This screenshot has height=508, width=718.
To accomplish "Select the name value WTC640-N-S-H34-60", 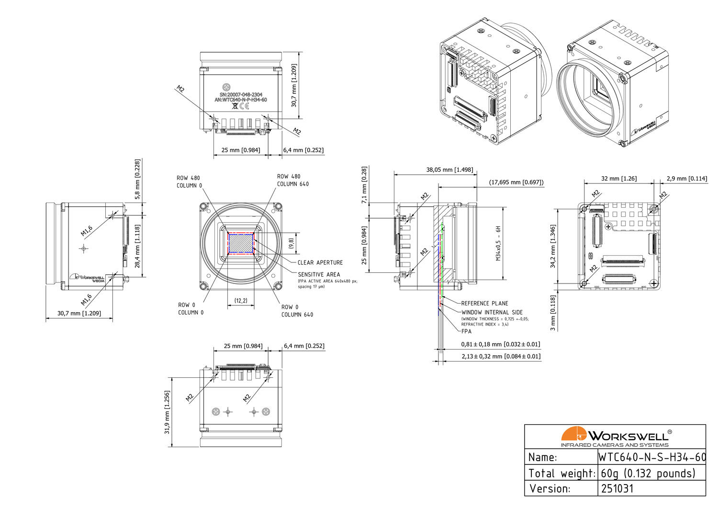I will tap(652, 457).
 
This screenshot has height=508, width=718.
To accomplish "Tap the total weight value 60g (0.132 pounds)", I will tap(648, 474).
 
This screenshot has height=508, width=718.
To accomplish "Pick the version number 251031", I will tap(617, 489).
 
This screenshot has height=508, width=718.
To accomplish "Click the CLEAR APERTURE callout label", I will tap(320, 262).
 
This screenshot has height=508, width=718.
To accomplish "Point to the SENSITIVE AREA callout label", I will tap(319, 274).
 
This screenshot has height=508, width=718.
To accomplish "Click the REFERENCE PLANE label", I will tap(484, 303).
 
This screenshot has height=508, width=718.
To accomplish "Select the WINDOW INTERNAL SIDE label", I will tap(492, 312).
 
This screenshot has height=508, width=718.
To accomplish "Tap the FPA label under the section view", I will tap(466, 331).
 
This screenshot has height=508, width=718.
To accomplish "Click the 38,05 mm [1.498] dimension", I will tap(449, 169).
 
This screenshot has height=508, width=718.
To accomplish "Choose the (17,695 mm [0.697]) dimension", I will tap(516, 182).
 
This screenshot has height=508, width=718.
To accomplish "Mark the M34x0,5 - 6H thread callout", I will tap(498, 243).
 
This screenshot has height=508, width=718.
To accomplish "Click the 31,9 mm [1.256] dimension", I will tap(167, 412).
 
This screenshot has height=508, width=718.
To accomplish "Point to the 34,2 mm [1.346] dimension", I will tap(553, 246).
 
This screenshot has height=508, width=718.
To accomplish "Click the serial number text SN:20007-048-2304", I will tap(241, 95).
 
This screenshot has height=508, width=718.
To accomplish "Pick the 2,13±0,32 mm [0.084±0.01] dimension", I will tap(501, 356).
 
